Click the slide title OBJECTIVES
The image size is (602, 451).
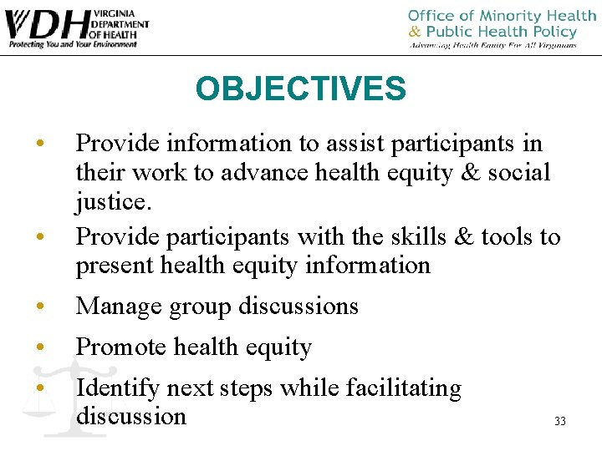click(x=300, y=89)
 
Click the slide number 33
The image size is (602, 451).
click(x=559, y=422)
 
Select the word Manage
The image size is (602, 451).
click(x=116, y=307)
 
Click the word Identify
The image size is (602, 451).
click(x=118, y=388)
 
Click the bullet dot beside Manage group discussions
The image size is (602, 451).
click(x=39, y=307)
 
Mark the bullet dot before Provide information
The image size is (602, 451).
click(x=39, y=144)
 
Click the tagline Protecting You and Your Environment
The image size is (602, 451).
click(x=72, y=43)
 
